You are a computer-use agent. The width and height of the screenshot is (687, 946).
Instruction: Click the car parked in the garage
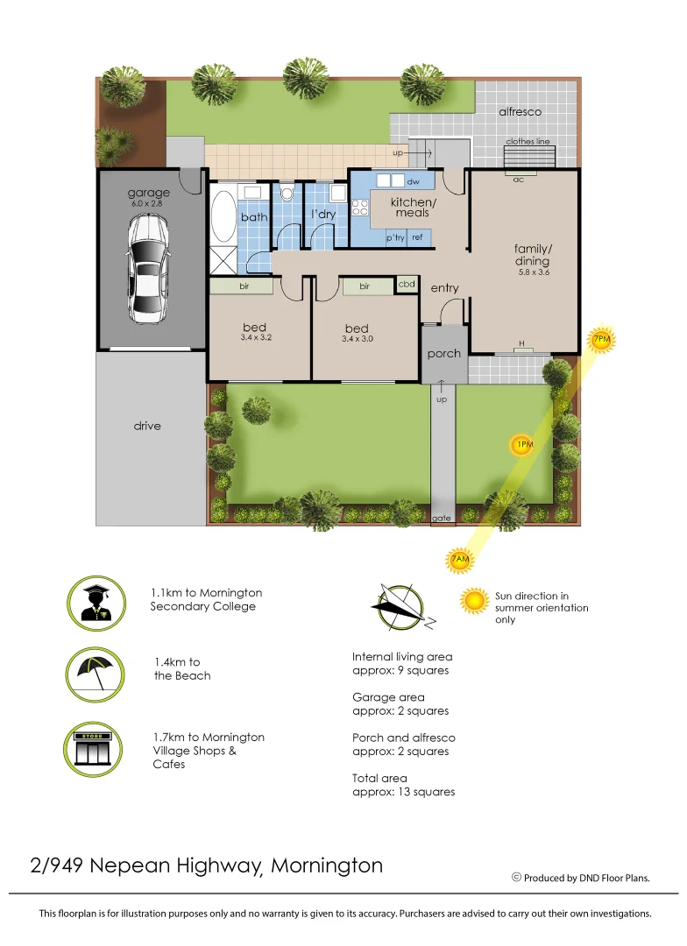pos(148,268)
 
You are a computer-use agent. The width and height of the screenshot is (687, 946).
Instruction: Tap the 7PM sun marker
pos(601,339)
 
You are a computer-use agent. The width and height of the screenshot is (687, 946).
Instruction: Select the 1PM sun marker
pos(522,446)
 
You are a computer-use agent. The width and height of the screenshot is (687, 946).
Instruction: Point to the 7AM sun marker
pos(459,560)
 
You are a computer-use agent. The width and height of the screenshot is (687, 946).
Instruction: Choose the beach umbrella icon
pos(92,674)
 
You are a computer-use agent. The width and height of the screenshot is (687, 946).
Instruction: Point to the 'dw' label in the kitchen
pos(414,181)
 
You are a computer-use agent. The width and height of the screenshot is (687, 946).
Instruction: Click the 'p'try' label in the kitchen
pos(395,237)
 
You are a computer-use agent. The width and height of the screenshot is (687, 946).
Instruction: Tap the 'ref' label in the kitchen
pos(417,237)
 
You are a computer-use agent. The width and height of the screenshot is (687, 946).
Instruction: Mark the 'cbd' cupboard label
pos(407,285)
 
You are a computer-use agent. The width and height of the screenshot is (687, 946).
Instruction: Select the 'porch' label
pos(443,354)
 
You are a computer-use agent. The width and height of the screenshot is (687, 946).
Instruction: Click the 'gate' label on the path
pos(442,519)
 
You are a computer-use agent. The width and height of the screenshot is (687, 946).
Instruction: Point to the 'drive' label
pos(147,426)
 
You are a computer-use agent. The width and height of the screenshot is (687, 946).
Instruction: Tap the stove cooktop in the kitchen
pos(358,208)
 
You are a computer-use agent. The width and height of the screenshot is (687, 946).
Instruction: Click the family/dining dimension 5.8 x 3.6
pos(533,272)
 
